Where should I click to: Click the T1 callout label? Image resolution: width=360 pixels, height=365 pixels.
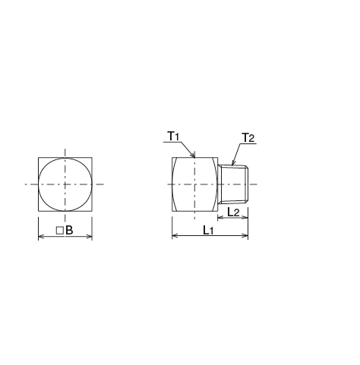coord(172,136)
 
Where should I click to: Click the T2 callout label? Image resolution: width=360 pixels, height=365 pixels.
coord(248,137)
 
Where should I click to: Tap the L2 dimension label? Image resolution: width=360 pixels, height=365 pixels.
coord(233,212)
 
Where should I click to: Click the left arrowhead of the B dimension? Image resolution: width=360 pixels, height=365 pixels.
coord(40,237)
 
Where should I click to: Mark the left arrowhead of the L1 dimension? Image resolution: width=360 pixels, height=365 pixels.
coord(175,237)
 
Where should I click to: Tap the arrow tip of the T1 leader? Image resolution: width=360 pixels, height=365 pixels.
coord(196,157)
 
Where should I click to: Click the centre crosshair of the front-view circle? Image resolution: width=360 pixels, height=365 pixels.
coord(65,184)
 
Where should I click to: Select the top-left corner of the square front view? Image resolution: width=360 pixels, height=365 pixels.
coord(38,157)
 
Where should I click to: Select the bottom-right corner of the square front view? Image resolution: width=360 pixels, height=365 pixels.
coord(92,212)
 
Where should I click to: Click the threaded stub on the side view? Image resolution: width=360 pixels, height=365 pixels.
coord(233,184)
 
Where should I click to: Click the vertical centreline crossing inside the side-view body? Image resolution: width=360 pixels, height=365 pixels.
coord(196,184)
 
